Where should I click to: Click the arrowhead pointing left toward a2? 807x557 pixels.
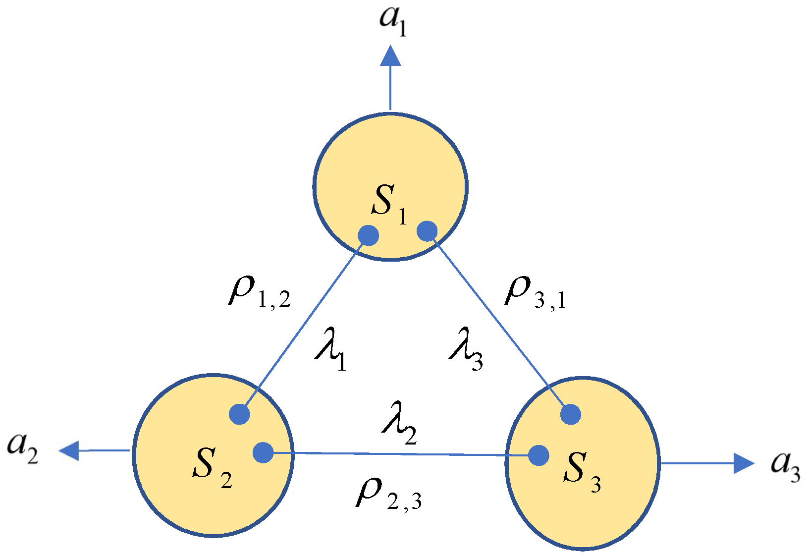[69, 450]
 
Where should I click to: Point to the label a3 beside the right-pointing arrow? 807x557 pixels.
[785, 466]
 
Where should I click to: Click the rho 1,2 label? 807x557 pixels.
[259, 292]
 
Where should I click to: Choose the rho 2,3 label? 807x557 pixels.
[388, 496]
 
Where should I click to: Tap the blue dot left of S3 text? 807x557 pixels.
[538, 455]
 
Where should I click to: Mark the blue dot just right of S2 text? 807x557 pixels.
[263, 452]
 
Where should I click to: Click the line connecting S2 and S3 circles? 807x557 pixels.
[401, 453]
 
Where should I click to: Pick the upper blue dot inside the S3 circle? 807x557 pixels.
[571, 414]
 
